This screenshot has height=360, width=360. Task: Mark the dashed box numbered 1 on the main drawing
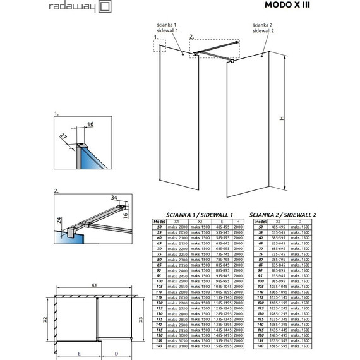pos(159,46)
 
